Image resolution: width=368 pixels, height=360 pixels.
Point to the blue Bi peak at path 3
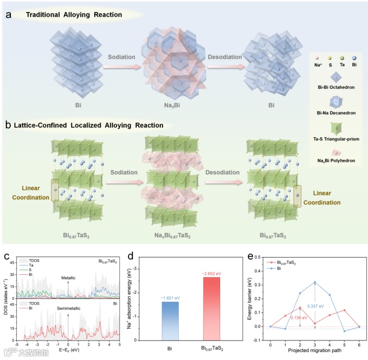314,282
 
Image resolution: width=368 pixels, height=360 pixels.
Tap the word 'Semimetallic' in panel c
68,308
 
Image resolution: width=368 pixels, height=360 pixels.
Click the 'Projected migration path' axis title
315,352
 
